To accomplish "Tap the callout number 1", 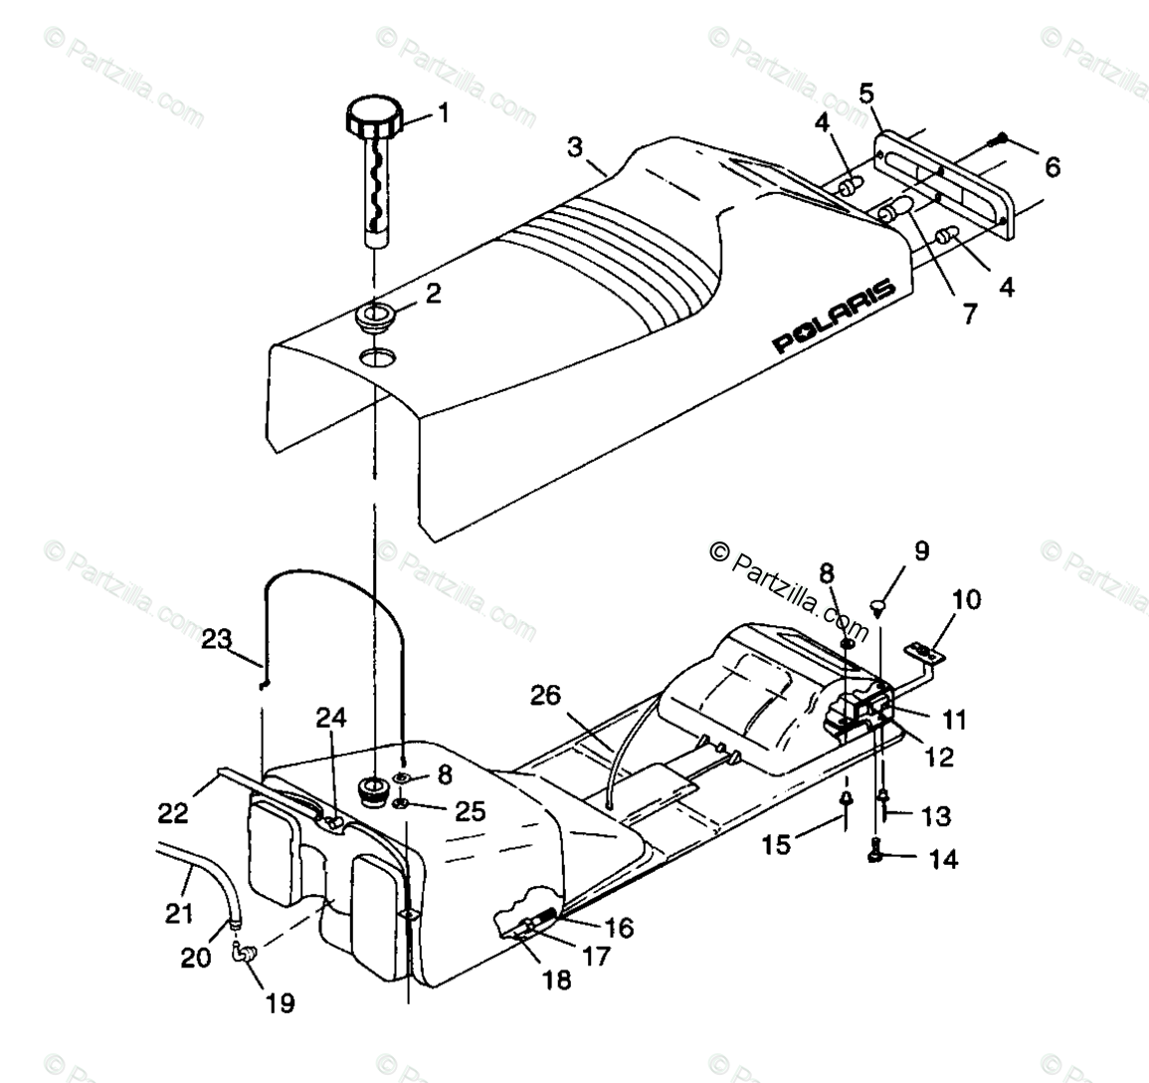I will click(x=444, y=113).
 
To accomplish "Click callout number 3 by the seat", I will click(x=575, y=147).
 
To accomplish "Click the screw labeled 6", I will click(x=1001, y=140).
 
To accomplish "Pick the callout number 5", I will click(x=866, y=95).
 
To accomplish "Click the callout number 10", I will click(x=966, y=599).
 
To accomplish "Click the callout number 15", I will click(x=776, y=844).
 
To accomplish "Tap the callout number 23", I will click(x=217, y=638).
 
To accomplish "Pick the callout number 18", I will click(x=557, y=979).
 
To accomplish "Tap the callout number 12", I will click(x=939, y=758).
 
